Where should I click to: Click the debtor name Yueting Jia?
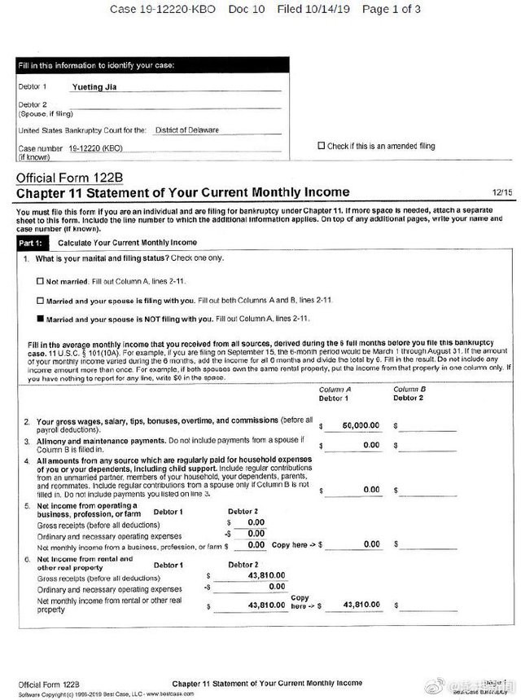coord(92,86)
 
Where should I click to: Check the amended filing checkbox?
coord(321,146)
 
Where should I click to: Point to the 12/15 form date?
coord(501,193)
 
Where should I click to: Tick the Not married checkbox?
coord(41,281)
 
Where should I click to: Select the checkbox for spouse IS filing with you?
coord(41,300)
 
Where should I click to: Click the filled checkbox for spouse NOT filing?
coord(41,318)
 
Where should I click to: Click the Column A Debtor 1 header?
coord(334,394)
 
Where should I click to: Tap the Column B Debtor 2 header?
coord(409,394)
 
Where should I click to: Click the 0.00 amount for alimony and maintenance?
coord(370,446)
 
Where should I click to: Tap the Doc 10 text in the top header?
coord(247,9)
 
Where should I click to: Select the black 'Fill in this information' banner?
coord(151,65)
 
